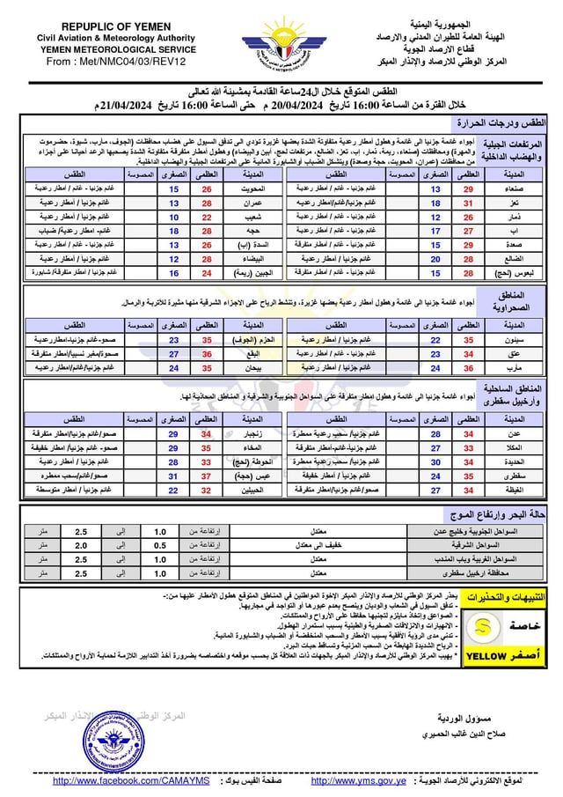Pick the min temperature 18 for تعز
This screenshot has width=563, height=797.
[x=435, y=203]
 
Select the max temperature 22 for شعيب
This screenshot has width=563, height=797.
[x=208, y=217]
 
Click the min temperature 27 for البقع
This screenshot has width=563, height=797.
[x=174, y=353]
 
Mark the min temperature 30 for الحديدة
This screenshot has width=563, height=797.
[x=435, y=461]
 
